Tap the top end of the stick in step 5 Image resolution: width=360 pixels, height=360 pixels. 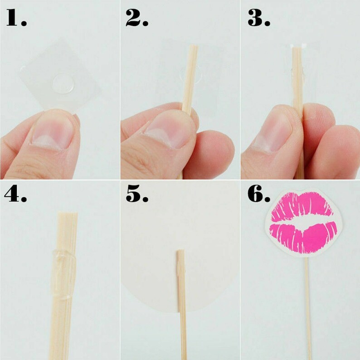click(180, 252)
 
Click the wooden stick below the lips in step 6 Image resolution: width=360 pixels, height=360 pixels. click(308, 308)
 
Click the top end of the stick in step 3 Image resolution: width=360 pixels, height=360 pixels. click(297, 49)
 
